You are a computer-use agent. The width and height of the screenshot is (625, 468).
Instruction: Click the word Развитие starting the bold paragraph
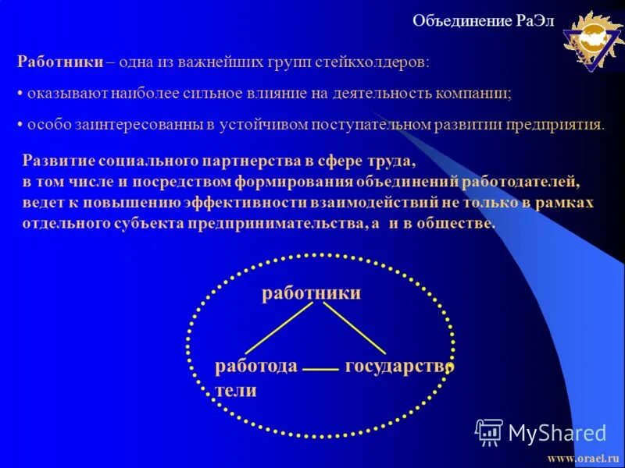59,161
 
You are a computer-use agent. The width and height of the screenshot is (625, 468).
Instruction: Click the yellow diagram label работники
310,293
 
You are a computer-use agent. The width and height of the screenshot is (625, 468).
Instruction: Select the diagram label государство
398,365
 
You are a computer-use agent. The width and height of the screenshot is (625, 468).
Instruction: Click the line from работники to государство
355,328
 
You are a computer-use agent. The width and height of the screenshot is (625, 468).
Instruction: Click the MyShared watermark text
556,432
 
